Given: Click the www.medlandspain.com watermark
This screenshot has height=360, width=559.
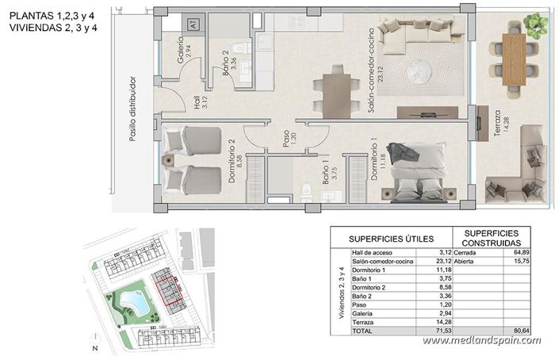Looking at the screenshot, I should coord(481,340).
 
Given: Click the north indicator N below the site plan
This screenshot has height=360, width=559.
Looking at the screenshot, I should coord(94,349).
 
